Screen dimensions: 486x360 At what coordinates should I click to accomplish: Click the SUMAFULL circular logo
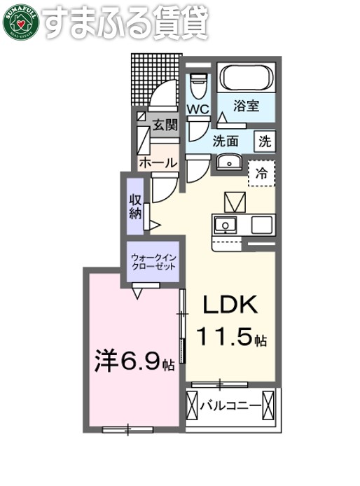point(21,22)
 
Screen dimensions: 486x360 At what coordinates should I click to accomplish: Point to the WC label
point(198,110)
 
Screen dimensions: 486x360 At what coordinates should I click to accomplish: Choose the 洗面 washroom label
point(226,141)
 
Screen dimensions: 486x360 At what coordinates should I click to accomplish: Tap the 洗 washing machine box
point(265,140)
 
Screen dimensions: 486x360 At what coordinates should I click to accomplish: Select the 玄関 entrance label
point(165,127)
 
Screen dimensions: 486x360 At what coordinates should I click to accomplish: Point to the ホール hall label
point(158,162)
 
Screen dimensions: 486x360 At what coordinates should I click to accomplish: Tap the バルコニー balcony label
point(230,405)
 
